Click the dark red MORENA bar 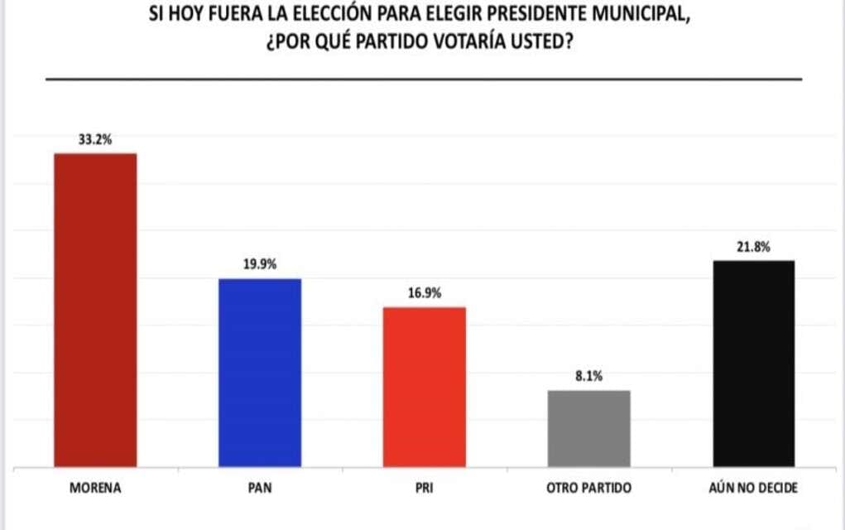(95, 311)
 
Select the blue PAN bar (260, 373)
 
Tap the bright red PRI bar (425, 387)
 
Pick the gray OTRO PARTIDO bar (589, 428)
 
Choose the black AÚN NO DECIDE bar (754, 364)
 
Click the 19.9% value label (260, 265)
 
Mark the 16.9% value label (425, 293)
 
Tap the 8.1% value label (589, 376)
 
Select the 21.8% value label (754, 246)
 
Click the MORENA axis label (95, 488)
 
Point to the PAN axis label (260, 488)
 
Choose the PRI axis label (425, 488)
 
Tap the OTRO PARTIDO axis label (589, 488)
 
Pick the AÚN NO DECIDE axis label (754, 488)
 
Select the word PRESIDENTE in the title (540, 15)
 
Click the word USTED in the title (544, 42)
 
